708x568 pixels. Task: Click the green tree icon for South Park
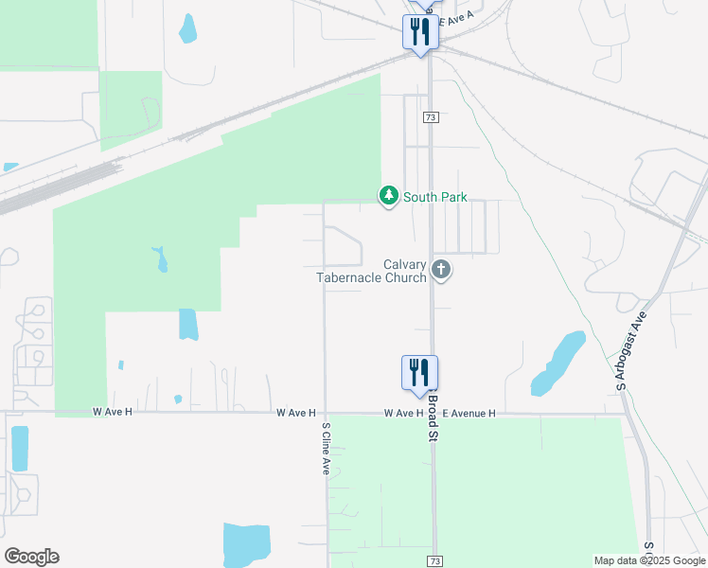pos(388,196)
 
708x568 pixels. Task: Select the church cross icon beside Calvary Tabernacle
pos(440,271)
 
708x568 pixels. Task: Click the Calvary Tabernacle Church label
pos(372,271)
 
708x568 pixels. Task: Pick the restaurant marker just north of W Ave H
pos(419,375)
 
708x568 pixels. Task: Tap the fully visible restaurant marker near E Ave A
pos(419,34)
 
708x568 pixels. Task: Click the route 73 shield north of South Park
pos(431,116)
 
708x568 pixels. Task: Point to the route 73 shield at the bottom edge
pos(434,560)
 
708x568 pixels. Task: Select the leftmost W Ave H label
pos(113,413)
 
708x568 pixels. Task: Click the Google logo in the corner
pos(31,557)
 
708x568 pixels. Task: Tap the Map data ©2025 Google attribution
pos(649,560)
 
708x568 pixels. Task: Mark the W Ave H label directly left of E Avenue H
pos(403,414)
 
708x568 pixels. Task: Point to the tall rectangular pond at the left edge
pos(19,449)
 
